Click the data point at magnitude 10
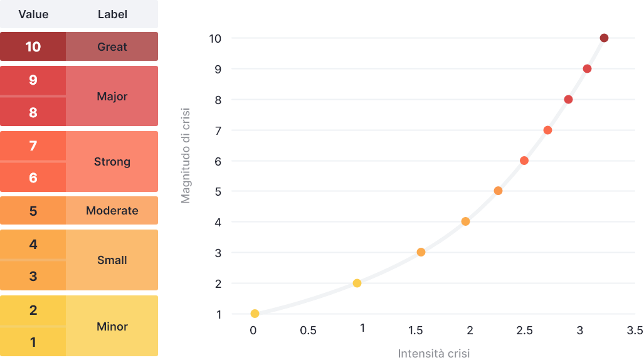(604, 38)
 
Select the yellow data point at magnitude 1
(255, 314)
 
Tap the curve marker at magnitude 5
(498, 191)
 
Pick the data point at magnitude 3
(421, 252)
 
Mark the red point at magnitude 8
(568, 99)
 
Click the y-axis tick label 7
(218, 130)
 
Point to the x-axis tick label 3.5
(635, 331)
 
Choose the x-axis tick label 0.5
(308, 331)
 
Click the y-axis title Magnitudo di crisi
(186, 156)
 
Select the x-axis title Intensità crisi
(434, 353)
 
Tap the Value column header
(33, 14)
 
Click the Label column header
(112, 14)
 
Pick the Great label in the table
(112, 46)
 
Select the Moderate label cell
(112, 211)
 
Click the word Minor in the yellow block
(112, 326)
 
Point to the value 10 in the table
(33, 46)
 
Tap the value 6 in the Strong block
(33, 178)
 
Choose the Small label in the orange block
(112, 260)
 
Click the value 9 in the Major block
(33, 80)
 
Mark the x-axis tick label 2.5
(524, 331)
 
